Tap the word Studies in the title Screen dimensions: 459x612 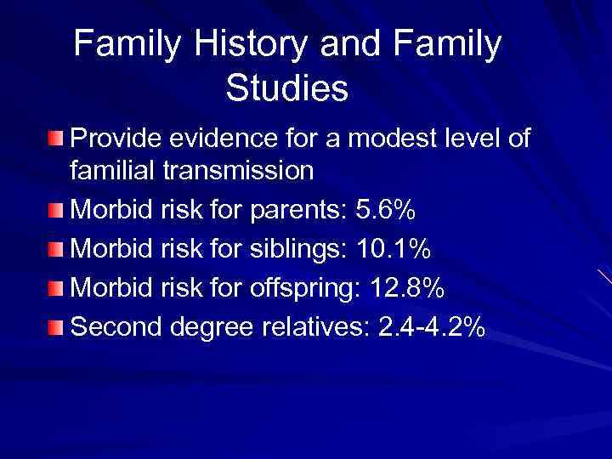click(287, 88)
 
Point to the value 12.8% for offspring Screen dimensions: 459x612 click(408, 289)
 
